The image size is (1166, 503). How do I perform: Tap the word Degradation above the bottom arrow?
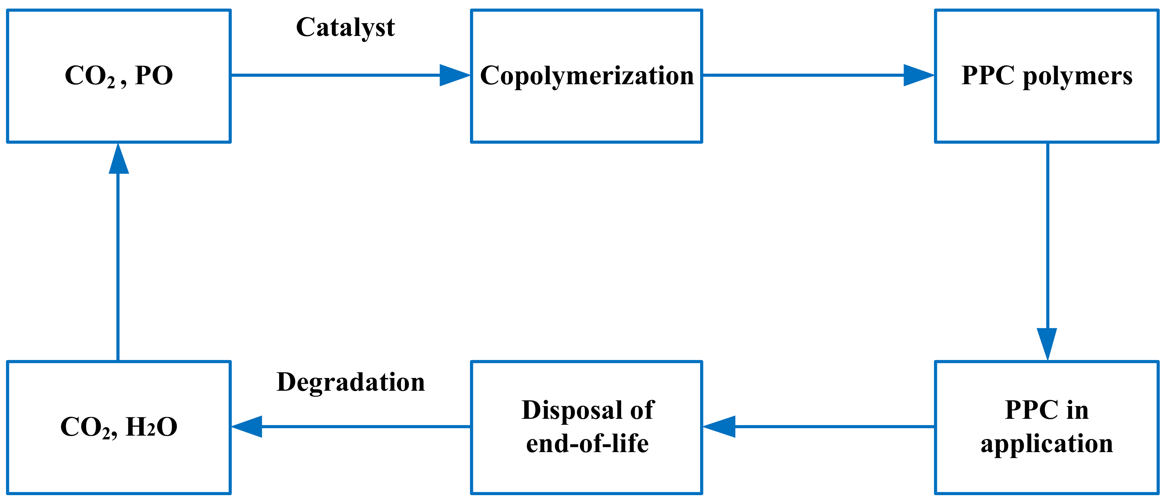(351, 382)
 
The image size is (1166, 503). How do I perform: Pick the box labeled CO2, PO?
(119, 109)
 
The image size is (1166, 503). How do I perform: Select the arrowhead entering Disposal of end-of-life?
(720, 427)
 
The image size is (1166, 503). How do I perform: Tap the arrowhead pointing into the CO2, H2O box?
(248, 427)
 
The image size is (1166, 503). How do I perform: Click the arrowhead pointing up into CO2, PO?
(119, 159)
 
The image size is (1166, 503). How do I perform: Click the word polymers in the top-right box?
(1078, 76)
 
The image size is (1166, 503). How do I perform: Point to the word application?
(1047, 444)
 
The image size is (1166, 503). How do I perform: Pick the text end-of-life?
(587, 444)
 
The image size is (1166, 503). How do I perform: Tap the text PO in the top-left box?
(154, 75)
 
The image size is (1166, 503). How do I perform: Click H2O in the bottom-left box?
(151, 427)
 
